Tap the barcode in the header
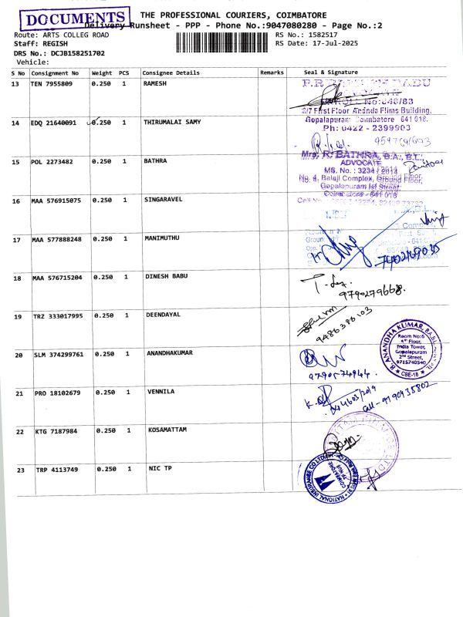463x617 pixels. (x=224, y=39)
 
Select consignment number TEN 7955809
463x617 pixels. (x=52, y=83)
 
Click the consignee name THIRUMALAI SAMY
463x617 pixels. (x=172, y=123)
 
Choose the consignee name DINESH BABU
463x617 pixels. (x=167, y=276)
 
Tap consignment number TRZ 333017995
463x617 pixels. (x=56, y=316)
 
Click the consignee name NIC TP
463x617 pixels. (x=160, y=469)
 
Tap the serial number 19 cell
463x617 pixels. (x=18, y=316)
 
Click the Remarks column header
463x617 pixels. (x=273, y=72)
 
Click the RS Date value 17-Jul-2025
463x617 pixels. (x=320, y=43)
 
